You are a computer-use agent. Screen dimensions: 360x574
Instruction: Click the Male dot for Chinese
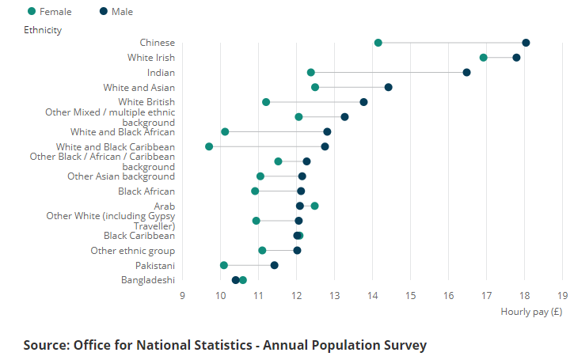pos(526,43)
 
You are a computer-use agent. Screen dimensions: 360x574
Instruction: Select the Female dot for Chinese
pos(378,43)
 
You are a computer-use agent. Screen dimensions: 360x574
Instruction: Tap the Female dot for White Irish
pos(484,58)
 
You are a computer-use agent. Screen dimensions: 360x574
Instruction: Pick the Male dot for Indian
pos(466,73)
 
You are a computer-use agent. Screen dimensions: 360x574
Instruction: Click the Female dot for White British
pos(266,102)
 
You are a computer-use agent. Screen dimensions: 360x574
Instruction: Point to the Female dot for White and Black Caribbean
pos(209,146)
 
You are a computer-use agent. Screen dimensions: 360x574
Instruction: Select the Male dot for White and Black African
pos(327,131)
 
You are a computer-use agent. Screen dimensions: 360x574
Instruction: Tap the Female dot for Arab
pos(314,206)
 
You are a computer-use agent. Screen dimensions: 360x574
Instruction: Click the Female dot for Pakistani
pos(224,265)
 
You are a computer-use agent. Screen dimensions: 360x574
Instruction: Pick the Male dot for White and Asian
pos(388,87)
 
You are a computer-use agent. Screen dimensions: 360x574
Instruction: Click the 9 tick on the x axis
pos(182,296)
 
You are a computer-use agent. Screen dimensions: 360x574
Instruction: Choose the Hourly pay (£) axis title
pos(531,312)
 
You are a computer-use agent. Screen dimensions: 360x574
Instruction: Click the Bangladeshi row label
pos(148,280)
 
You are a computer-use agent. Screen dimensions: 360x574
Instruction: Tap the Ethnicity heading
pos(43,30)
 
